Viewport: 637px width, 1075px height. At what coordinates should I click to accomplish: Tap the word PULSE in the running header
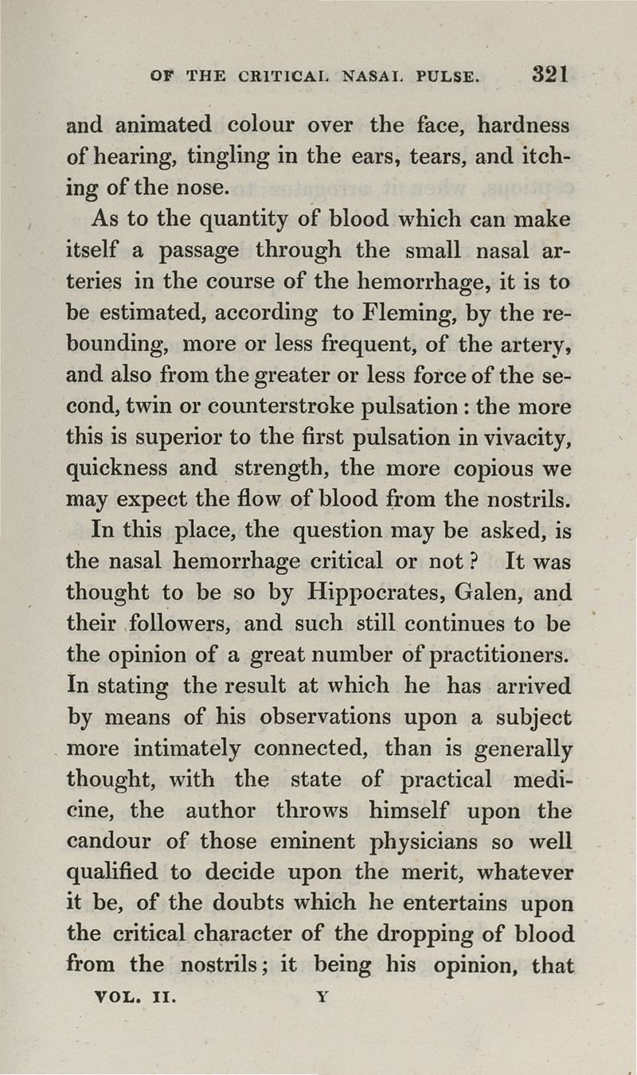[x=444, y=77]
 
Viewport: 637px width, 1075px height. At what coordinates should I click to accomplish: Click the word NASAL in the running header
[x=373, y=77]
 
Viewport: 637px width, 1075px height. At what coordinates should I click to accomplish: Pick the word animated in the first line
[x=163, y=125]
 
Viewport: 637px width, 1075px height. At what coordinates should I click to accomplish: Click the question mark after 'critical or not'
[x=471, y=562]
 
